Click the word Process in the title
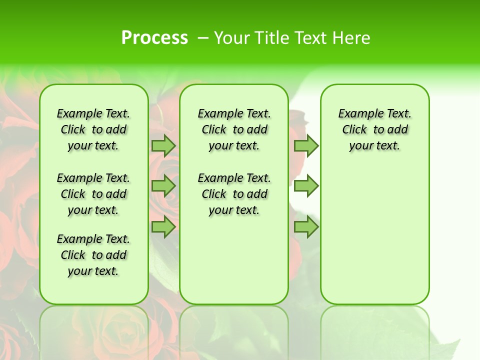tap(154, 38)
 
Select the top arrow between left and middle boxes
tap(163, 145)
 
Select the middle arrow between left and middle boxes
tap(163, 186)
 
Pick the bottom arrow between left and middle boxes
tap(163, 227)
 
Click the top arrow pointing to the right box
tap(306, 145)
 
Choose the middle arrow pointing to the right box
tap(306, 186)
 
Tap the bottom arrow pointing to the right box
tap(306, 227)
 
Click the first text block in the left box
tap(93, 129)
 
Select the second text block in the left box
tap(93, 194)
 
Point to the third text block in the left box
tap(93, 255)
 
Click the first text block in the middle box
tap(234, 129)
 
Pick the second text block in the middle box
tap(234, 194)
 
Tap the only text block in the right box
tap(375, 129)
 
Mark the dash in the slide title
tap(203, 38)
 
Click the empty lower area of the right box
tap(375, 235)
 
